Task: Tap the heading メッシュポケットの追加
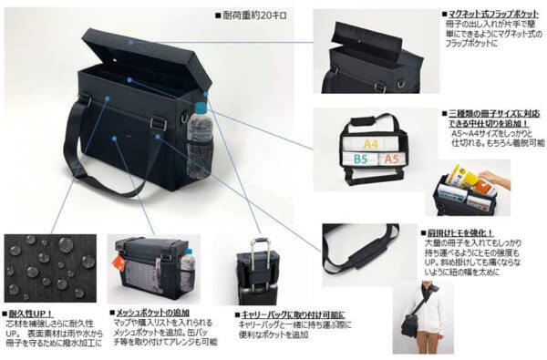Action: tap(150, 312)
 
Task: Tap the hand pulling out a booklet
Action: tap(491, 178)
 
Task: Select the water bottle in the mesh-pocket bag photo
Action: tap(188, 271)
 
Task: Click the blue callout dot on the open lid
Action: tap(131, 41)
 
